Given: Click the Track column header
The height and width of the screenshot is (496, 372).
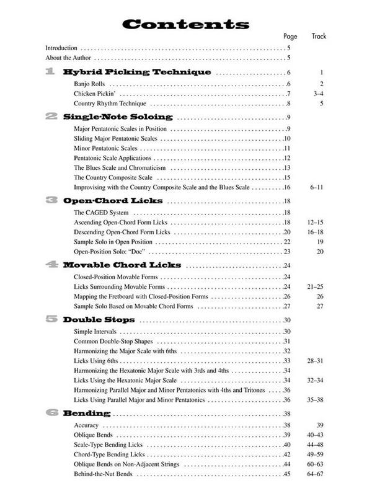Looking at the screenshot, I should click(x=318, y=37).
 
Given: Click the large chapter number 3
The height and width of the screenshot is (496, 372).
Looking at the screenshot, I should click(x=52, y=201).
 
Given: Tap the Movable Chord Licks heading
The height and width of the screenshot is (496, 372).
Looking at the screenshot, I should click(x=122, y=265).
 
